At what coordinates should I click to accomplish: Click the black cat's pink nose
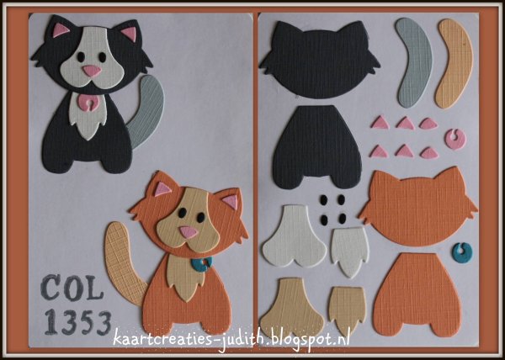[x=92, y=71]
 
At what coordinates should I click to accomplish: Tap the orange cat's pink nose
[x=188, y=232]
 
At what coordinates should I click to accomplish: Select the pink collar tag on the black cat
[x=87, y=103]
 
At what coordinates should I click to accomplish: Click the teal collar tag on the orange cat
[x=202, y=264]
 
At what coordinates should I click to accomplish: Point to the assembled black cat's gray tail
[x=146, y=109]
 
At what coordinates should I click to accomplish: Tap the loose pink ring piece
[x=455, y=140]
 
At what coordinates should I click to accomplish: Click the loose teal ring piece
[x=462, y=253]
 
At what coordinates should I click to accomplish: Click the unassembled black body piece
[x=316, y=146]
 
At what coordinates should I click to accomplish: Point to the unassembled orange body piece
[x=417, y=294]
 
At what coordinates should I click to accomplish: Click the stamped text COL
[x=72, y=288]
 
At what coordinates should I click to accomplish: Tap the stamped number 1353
[x=77, y=321]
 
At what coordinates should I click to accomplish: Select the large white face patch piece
[x=294, y=236]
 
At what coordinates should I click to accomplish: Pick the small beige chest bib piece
[x=348, y=310]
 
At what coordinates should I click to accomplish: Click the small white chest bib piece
[x=350, y=251]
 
